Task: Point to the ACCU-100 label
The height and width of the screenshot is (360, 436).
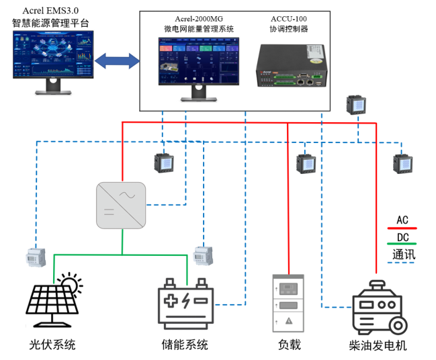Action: point(289,18)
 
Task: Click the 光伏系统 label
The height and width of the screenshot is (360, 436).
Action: point(52,345)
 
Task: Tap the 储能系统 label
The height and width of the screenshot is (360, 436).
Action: point(185,345)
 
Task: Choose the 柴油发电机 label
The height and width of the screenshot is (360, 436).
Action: point(378,345)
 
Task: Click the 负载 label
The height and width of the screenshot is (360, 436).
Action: point(289,345)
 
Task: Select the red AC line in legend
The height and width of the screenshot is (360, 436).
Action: point(402,229)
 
